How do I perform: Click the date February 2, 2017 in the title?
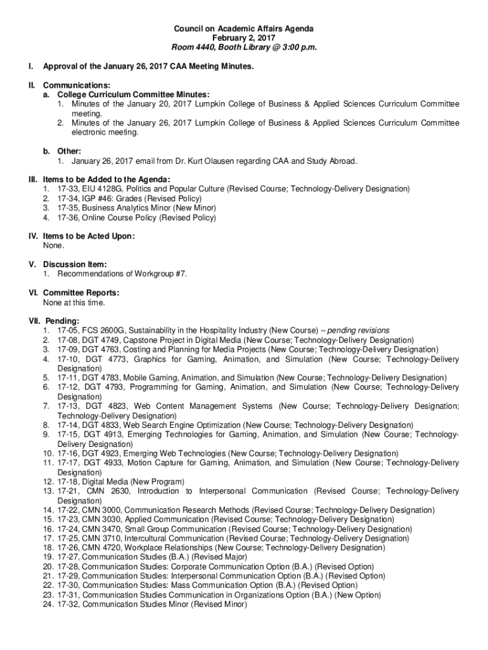point(244,38)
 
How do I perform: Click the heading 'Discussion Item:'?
point(75,264)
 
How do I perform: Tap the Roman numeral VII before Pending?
point(34,321)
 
